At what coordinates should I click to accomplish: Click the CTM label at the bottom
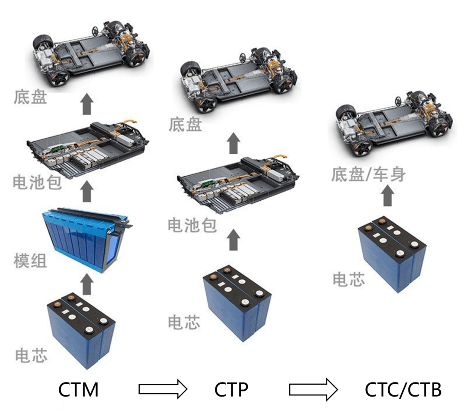point(78,390)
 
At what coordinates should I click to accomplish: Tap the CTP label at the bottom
point(231,390)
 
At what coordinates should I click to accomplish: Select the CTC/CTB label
point(403,390)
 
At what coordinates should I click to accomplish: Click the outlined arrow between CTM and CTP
point(163,389)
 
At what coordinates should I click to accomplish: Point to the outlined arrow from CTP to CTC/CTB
point(313,389)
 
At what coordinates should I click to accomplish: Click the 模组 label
point(30,261)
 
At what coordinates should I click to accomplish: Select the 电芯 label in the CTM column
point(31,354)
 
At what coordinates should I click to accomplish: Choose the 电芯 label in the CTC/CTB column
point(349,279)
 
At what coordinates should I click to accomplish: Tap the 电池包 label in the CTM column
point(37,183)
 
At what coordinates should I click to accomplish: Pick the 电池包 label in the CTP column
point(192,226)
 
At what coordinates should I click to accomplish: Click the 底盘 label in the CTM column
point(30,97)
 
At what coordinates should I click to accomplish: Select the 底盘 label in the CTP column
point(185,125)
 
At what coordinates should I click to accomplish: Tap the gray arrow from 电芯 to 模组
point(87,285)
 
